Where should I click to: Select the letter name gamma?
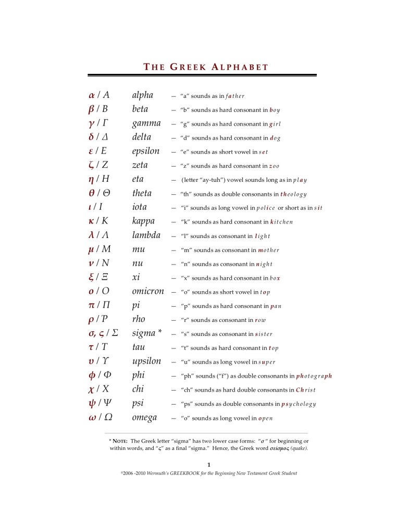[x=146, y=123]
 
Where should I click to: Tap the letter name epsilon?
[x=147, y=151]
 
